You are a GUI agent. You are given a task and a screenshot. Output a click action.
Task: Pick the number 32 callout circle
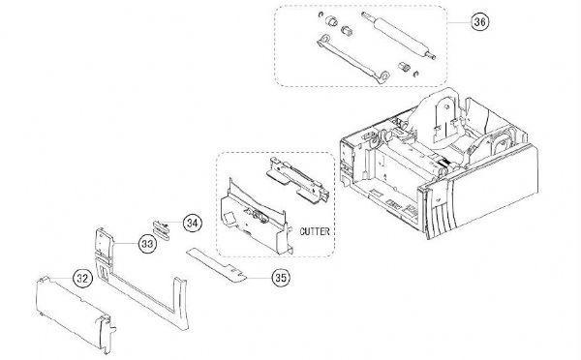point(83,279)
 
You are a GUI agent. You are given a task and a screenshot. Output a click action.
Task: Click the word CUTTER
point(316,232)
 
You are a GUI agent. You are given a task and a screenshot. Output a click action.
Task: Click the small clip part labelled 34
point(163,227)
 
